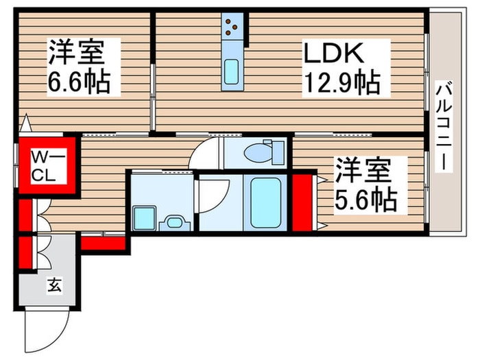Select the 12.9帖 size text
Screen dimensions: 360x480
pyautogui.click(x=341, y=83)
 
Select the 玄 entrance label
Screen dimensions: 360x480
pyautogui.click(x=53, y=285)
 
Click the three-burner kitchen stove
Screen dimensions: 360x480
pyautogui.click(x=233, y=29)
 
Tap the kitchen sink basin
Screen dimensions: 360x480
pyautogui.click(x=232, y=71)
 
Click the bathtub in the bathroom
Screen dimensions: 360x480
pyautogui.click(x=266, y=203)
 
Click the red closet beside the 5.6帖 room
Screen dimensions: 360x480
pyautogui.click(x=302, y=203)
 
